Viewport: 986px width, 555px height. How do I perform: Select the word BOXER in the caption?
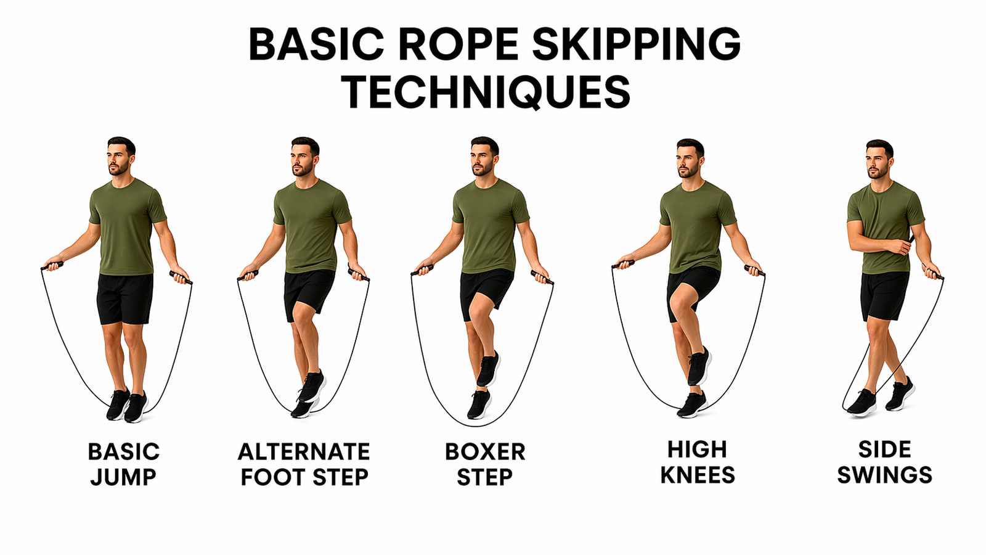485,451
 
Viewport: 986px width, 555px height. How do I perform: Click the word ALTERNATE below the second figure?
304,451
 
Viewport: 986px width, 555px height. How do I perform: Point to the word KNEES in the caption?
698,475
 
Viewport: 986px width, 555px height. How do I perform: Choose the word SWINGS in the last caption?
885,475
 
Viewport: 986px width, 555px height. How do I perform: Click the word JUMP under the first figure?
123,477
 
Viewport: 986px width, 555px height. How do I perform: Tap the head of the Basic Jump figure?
120,157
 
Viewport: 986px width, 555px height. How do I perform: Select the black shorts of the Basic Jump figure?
125,298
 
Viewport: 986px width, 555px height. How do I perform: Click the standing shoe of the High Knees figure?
691,405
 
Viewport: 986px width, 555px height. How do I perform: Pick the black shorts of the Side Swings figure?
885,296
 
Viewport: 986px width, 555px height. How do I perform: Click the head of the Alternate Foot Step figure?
304,157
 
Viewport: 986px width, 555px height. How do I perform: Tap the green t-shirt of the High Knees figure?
698,227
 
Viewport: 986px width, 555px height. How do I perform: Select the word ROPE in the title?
462,45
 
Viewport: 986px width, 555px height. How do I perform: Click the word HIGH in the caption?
697,450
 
